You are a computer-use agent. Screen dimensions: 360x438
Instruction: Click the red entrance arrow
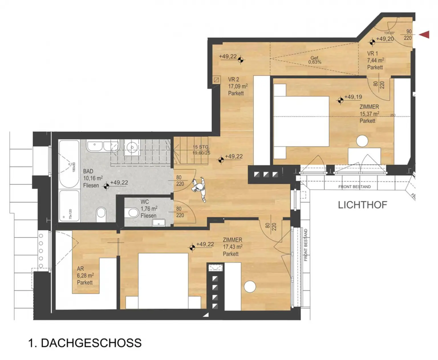point(425,35)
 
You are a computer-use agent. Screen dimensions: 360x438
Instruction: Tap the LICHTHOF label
point(362,205)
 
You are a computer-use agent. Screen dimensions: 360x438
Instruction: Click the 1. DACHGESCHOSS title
point(85,343)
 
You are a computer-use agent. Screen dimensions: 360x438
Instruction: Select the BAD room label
point(88,171)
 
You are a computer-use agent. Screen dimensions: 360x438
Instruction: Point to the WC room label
point(145,202)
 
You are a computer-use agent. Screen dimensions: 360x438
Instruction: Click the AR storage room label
point(80,269)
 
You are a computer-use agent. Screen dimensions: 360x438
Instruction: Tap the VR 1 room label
point(372,54)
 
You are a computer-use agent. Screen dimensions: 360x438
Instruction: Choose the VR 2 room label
point(234,80)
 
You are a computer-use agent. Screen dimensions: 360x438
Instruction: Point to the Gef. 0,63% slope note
point(315,60)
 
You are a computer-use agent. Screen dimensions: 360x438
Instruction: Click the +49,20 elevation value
point(385,39)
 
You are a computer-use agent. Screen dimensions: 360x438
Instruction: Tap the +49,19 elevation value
point(353,97)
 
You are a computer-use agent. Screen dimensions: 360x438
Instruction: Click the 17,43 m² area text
point(233,247)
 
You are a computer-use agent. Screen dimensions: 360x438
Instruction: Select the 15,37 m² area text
point(369,114)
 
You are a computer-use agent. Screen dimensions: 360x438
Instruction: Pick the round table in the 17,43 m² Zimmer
point(250,287)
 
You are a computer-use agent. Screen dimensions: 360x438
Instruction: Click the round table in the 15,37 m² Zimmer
point(362,141)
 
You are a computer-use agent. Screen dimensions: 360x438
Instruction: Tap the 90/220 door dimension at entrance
point(408,35)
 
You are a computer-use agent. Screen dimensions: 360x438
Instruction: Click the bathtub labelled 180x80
point(69,164)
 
